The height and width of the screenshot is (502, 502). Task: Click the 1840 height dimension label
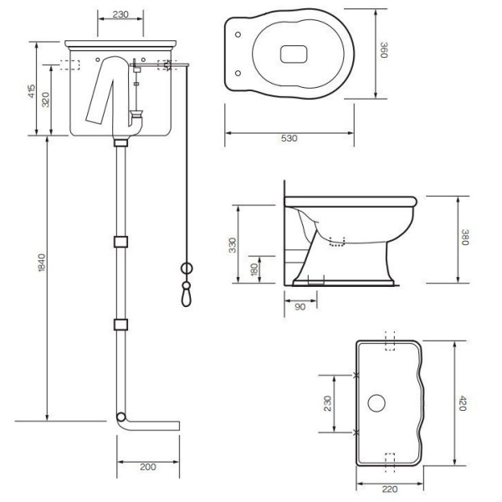[x=42, y=263]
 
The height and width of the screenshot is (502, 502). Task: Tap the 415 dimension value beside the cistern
[x=32, y=91]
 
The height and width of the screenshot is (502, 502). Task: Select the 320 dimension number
[x=46, y=100]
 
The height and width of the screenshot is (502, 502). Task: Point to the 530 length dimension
[x=289, y=138]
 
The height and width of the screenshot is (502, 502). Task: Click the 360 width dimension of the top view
[x=384, y=50]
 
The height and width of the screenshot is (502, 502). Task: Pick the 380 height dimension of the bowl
[x=465, y=238]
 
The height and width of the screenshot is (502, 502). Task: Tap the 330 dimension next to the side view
[x=233, y=245]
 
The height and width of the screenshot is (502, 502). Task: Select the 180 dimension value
[x=254, y=269]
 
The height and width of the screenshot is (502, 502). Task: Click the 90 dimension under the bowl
[x=300, y=307]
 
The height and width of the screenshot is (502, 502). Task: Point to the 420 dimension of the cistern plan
[x=463, y=403]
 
